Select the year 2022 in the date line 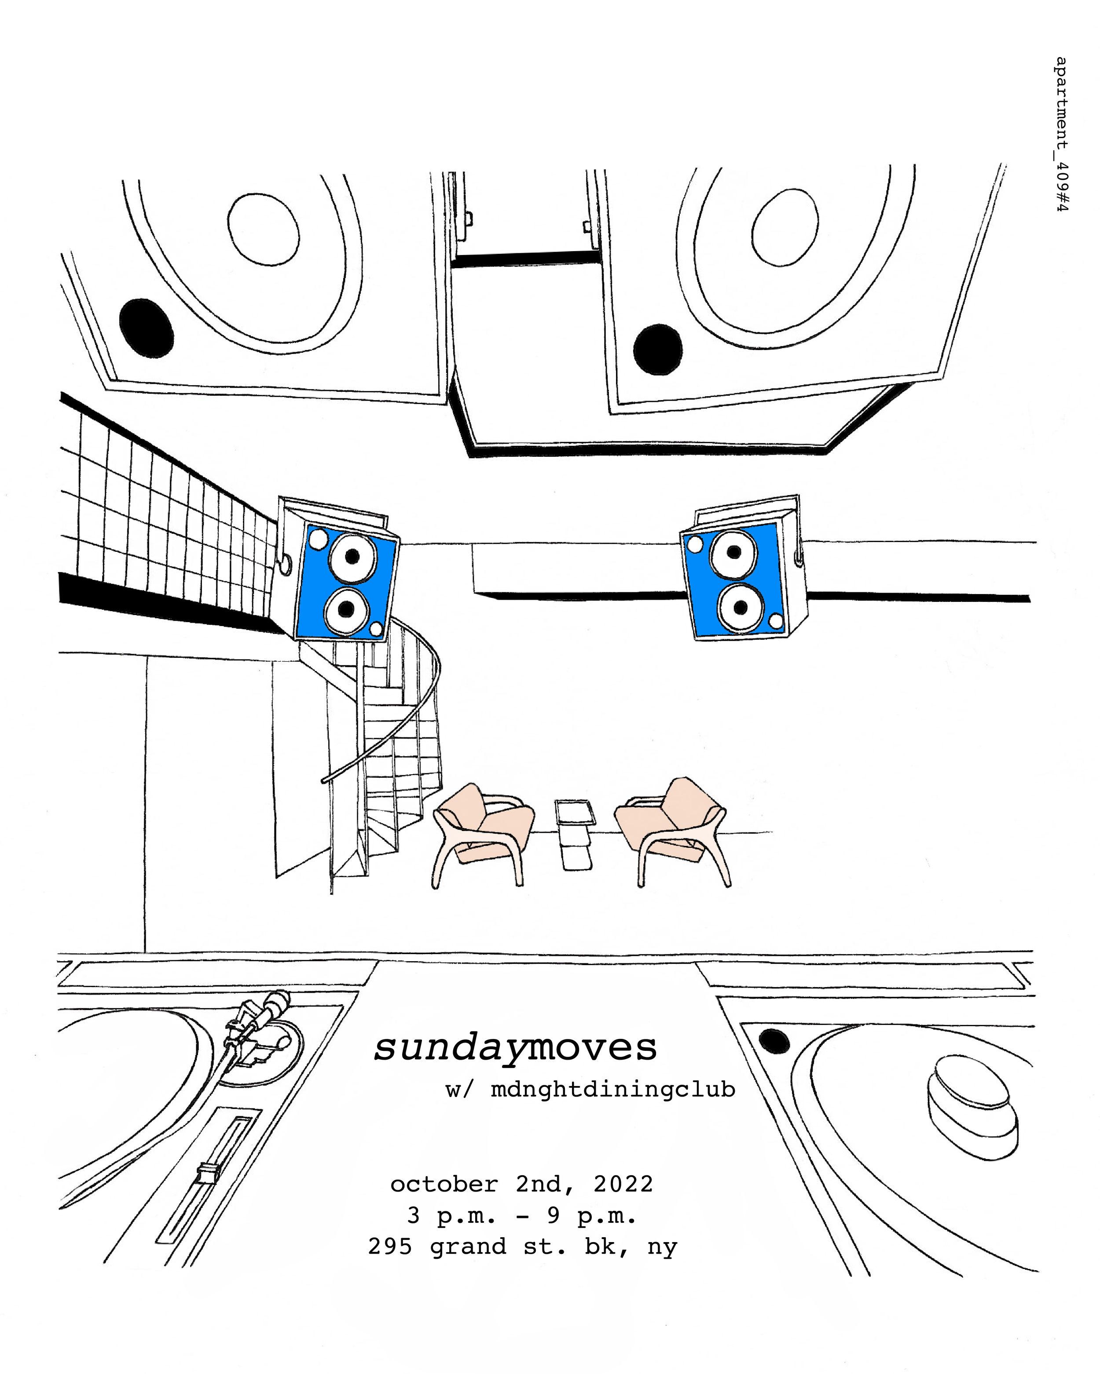tap(623, 1184)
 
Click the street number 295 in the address tap(390, 1246)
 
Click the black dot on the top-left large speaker tap(146, 328)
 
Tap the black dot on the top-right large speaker tap(657, 349)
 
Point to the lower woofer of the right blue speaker tap(740, 607)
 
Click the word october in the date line tap(444, 1184)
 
